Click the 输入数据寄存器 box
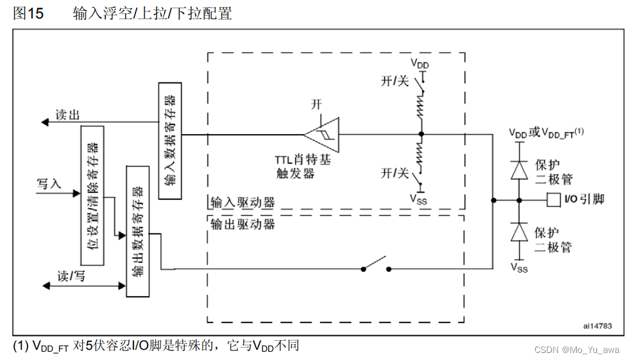tap(169, 140)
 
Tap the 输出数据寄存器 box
tap(137, 230)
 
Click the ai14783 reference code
tap(597, 326)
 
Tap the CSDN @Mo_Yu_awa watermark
tap(576, 349)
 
